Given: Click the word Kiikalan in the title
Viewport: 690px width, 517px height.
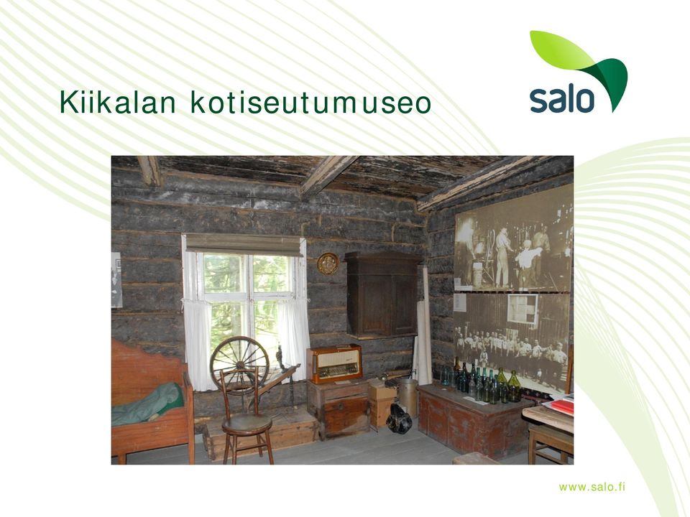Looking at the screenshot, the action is click(x=117, y=102).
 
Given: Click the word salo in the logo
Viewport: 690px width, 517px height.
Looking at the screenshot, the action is click(x=562, y=99).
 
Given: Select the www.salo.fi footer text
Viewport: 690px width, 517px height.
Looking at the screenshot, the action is click(x=592, y=487).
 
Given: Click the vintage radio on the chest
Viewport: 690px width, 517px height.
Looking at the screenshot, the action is click(x=334, y=363).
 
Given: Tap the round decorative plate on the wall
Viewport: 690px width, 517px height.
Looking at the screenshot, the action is click(x=328, y=264).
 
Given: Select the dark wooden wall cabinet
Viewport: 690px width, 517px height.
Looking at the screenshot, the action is click(x=382, y=295).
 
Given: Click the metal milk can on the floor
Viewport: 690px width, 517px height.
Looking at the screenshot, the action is click(x=408, y=397).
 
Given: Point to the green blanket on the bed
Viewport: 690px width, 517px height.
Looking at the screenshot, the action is click(x=147, y=404).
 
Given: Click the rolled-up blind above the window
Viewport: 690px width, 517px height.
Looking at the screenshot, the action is click(x=244, y=245).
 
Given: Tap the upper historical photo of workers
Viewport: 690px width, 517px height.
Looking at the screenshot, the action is click(x=513, y=246).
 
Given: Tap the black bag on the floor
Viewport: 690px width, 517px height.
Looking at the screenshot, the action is click(x=399, y=419).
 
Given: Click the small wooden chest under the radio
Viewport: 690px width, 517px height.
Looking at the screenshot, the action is click(x=338, y=409).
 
